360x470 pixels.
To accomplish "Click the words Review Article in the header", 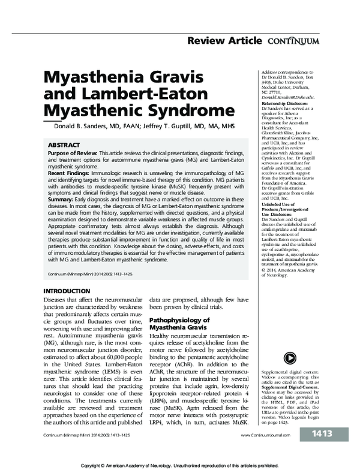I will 224,41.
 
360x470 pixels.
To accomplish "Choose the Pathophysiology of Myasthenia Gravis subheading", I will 179,324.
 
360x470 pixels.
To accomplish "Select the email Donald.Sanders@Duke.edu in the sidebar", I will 287,98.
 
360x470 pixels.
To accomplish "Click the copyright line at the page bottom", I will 180,465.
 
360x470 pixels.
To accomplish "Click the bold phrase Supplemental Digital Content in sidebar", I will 289,382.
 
